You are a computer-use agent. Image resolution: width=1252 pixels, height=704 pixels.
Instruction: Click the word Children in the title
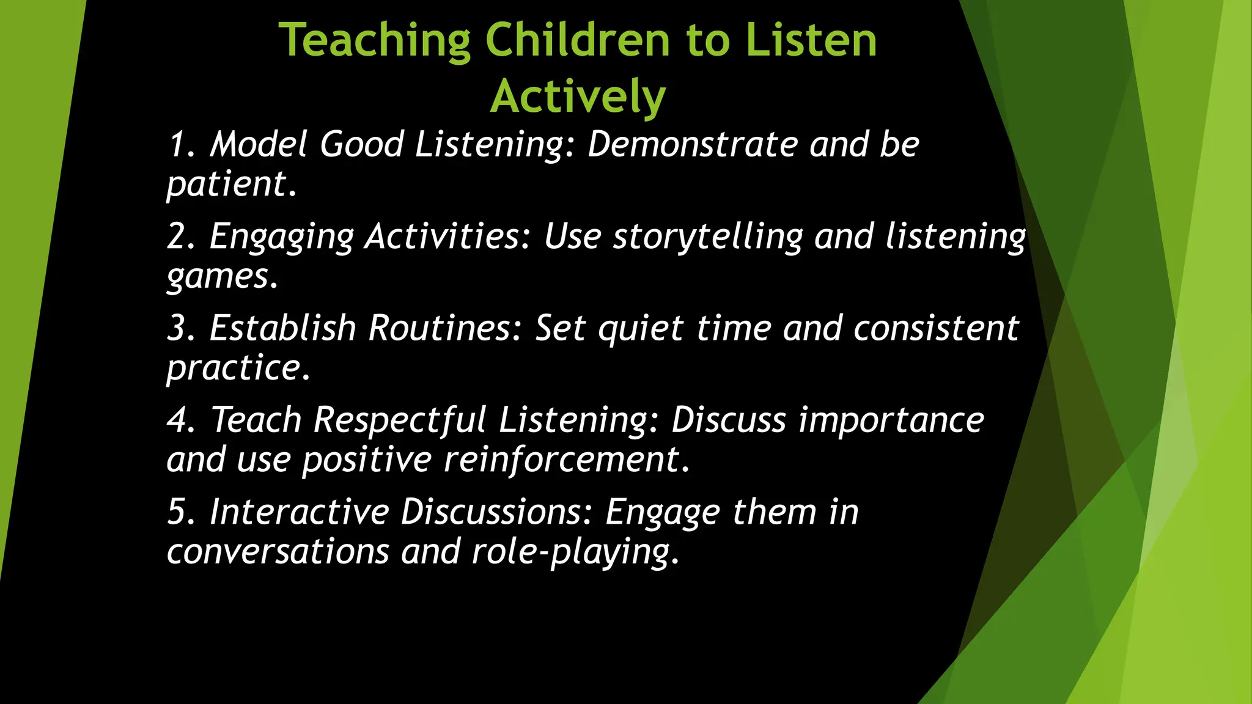pos(578,40)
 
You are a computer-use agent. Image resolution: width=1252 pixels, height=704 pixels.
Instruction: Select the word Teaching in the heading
pos(374,40)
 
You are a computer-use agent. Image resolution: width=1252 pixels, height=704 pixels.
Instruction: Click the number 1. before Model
pos(182,145)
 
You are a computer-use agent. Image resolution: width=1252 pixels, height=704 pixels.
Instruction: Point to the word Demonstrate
pos(693,145)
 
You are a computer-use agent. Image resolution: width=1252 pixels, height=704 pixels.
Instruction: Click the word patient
pos(230,185)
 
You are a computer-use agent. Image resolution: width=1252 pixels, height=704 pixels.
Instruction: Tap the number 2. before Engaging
pos(182,237)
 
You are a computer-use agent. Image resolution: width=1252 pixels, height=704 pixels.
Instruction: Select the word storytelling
pos(708,237)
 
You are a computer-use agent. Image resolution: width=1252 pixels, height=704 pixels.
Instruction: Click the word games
pos(221,277)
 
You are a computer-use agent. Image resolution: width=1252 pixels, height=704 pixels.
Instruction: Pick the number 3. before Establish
pos(182,329)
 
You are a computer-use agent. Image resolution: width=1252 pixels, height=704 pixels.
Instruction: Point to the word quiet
pos(640,329)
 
